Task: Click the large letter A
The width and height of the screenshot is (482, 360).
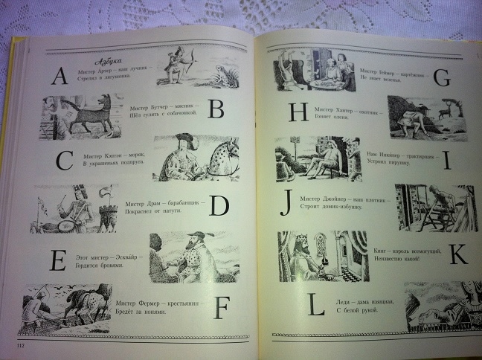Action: (x=58, y=76)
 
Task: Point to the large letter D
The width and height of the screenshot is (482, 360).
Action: (x=218, y=205)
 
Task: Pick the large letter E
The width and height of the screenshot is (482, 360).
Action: (x=58, y=261)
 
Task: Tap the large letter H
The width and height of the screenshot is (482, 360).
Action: (x=299, y=113)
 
